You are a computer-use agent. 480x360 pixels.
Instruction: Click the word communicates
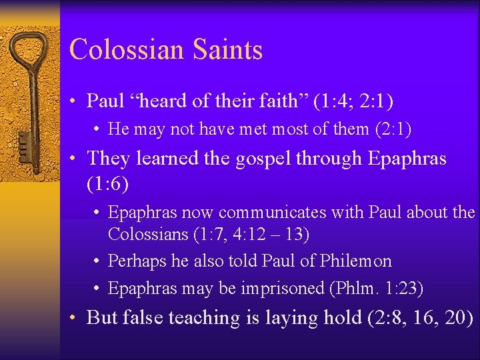click(x=273, y=213)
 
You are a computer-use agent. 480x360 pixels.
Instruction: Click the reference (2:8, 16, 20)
click(x=421, y=317)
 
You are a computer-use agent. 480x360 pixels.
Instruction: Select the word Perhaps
click(x=137, y=261)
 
